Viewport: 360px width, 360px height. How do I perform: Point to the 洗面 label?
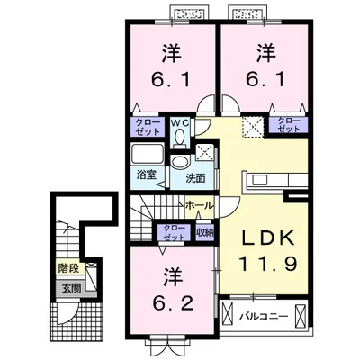pos(195,178)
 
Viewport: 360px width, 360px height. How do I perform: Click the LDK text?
pos(265,241)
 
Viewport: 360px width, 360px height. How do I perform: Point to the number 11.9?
pos(265,265)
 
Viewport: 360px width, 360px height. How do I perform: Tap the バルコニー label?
pos(265,316)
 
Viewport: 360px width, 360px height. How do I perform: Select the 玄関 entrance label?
pos(69,288)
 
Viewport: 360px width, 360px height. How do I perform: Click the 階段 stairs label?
pos(69,268)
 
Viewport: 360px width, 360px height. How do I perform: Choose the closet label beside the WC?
pos(144,126)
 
